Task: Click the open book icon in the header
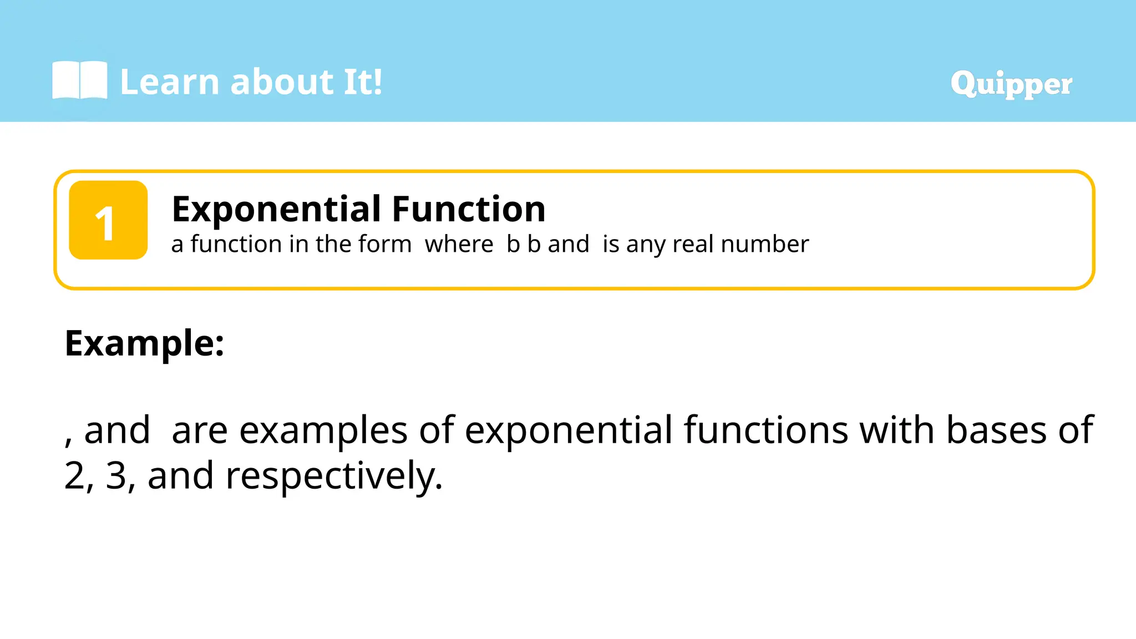(79, 81)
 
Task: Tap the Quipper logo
(1011, 84)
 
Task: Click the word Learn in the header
(170, 82)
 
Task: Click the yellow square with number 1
(108, 220)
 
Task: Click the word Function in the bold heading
(469, 209)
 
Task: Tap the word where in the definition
(459, 244)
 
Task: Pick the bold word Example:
(144, 343)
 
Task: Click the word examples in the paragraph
(323, 430)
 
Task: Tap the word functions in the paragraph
(766, 430)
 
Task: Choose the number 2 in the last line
(74, 476)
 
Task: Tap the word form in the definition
(385, 244)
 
